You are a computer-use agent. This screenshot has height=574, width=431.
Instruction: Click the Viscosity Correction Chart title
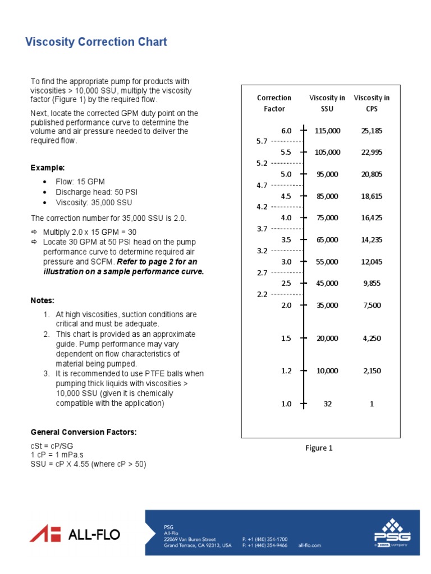(96, 42)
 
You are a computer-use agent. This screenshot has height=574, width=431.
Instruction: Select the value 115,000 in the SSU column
(327, 131)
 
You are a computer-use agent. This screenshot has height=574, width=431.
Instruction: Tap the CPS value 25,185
(372, 131)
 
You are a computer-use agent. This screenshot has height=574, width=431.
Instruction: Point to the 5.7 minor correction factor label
(262, 141)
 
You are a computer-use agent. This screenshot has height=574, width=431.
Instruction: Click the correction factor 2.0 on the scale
(286, 305)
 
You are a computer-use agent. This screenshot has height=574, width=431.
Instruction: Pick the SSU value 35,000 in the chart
(327, 305)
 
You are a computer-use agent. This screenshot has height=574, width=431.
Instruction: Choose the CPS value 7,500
(372, 305)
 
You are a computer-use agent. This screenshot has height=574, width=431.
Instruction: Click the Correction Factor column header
(274, 103)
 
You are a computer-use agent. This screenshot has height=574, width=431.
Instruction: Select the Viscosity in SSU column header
(327, 103)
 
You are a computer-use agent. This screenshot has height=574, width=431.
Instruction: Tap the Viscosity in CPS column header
(372, 103)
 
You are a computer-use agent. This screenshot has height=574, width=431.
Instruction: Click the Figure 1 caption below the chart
(319, 448)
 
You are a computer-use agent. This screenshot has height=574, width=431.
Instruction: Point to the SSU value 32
(328, 404)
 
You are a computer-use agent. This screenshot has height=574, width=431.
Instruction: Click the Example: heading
(48, 168)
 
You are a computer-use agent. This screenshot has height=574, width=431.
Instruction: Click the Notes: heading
(43, 300)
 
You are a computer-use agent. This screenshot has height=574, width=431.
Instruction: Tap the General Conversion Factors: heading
(84, 432)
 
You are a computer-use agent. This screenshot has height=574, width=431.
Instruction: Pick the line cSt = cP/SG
(55, 445)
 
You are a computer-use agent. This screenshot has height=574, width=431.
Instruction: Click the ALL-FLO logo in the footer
(75, 534)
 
